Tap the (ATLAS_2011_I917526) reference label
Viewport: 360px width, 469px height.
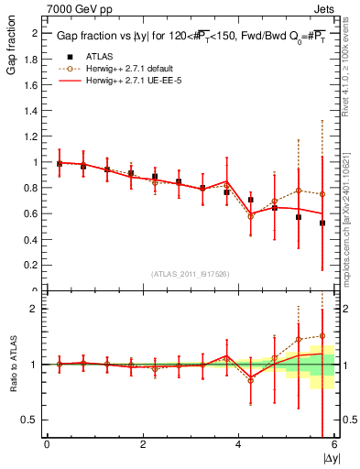(x=190, y=274)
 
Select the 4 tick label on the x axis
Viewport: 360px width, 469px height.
(x=239, y=444)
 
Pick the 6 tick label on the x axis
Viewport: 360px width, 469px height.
(x=334, y=444)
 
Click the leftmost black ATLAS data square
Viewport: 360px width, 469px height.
(x=60, y=163)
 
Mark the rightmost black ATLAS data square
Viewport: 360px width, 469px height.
(x=322, y=223)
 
